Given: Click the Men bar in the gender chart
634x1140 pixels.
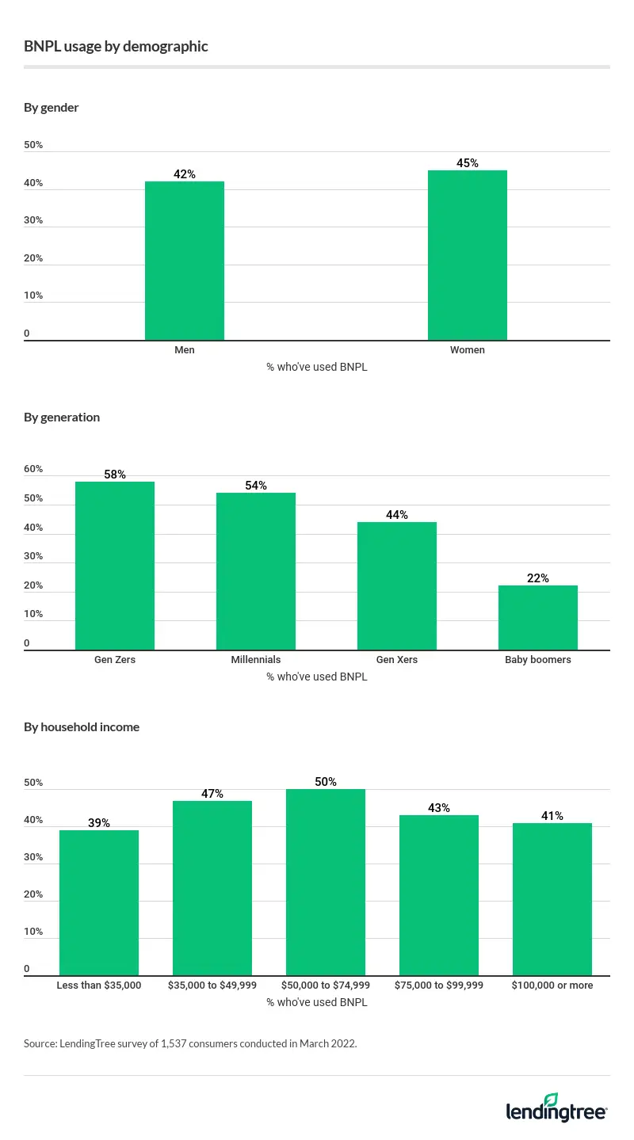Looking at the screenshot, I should [185, 261].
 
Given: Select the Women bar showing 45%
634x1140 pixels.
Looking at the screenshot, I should [468, 255].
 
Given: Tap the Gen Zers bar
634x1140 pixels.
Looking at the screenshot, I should [115, 566].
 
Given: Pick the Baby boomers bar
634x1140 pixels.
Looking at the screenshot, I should [538, 618].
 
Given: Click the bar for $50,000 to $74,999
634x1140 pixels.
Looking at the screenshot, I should [326, 882].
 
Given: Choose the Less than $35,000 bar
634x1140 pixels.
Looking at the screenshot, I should [99, 902].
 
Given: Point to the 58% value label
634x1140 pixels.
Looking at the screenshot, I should [115, 475].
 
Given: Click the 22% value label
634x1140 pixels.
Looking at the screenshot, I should [538, 578].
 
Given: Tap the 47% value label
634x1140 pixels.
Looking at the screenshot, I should [212, 794].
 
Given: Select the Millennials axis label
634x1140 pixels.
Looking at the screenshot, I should [256, 660].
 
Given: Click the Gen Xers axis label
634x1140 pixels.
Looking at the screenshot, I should [397, 660].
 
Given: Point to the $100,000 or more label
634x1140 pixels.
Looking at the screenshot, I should [552, 986].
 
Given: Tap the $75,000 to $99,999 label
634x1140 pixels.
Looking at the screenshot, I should [439, 986].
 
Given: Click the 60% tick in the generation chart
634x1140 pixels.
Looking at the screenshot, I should [33, 469].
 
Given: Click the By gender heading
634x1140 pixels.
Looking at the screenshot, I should [52, 108].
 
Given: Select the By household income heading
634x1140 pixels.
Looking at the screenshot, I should [82, 727].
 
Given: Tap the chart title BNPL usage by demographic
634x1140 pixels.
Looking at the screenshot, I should [116, 47].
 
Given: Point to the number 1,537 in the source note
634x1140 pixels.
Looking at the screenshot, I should [170, 1044].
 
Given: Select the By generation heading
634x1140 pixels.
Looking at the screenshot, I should [62, 417].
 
